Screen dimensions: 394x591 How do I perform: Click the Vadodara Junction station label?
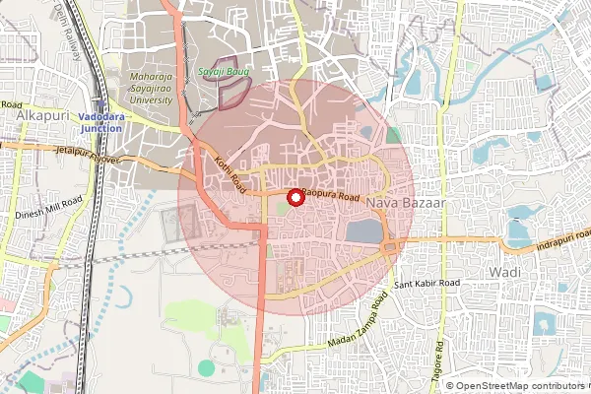coord(102,122)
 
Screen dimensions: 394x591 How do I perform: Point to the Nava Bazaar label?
coord(406,202)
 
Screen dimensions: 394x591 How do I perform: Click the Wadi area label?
coord(503,270)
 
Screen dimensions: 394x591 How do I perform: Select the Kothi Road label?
coord(226,172)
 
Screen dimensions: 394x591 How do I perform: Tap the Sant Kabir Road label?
coord(427,284)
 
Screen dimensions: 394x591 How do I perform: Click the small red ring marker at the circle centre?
coord(293,197)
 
